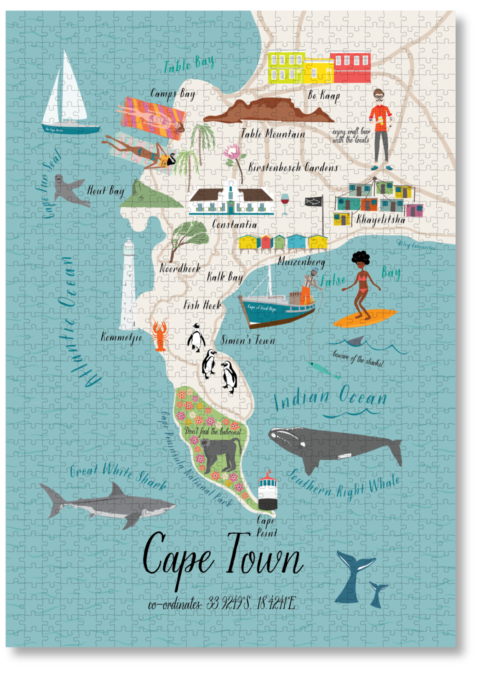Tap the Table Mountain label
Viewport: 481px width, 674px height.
tap(273, 134)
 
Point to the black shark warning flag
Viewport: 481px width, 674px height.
tap(313, 201)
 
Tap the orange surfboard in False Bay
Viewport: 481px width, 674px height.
tap(365, 318)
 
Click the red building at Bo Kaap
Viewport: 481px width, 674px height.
tap(350, 67)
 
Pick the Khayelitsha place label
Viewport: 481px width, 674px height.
tap(380, 220)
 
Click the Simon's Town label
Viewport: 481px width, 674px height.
tap(248, 341)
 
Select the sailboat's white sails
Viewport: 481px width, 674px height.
tap(67, 92)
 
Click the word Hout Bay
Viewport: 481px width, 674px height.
tap(105, 191)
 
